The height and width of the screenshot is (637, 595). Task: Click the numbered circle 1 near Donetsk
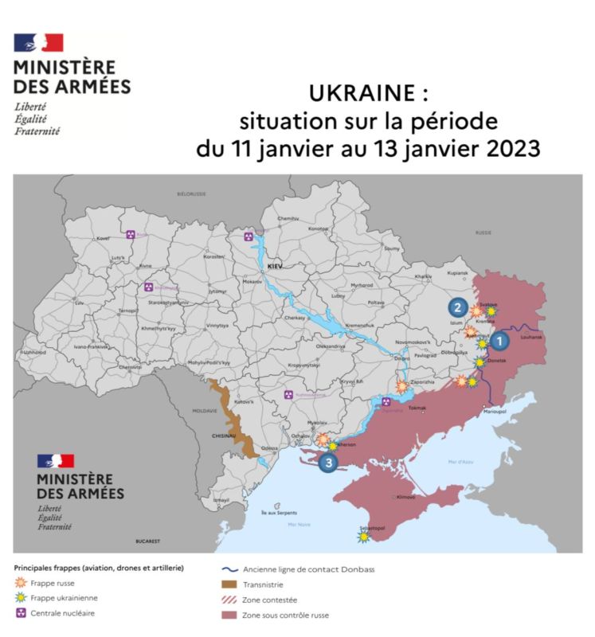499,341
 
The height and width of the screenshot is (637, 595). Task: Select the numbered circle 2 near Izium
457,307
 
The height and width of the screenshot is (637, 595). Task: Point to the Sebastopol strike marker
364,537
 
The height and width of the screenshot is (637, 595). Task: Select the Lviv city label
79,304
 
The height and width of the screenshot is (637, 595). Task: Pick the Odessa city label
270,448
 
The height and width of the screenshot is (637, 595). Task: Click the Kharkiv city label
423,276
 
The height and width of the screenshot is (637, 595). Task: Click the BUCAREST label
148,541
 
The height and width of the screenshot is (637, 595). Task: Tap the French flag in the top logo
38,43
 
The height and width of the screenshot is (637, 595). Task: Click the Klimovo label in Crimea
406,497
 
